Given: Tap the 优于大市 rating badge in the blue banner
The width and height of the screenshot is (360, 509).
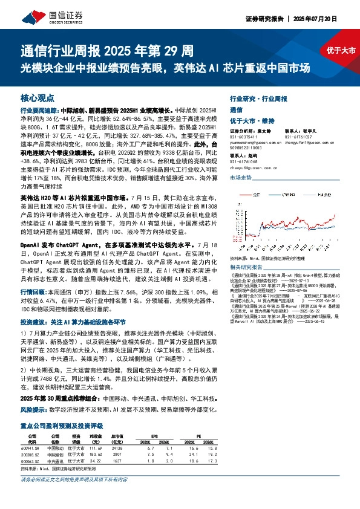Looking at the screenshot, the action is click(x=336, y=51).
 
